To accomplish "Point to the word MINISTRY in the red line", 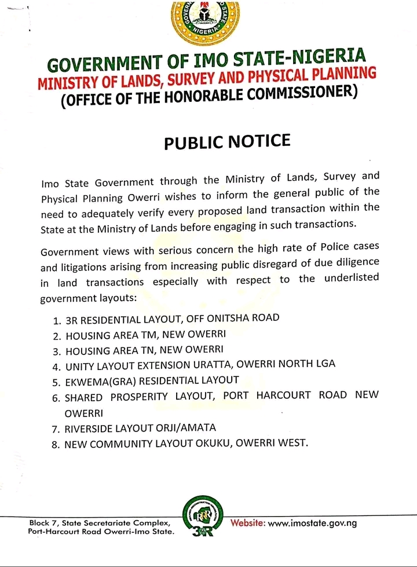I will click(63, 82).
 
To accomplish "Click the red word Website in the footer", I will click(248, 522).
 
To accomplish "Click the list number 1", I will click(56, 320).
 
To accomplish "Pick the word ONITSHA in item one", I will click(221, 318).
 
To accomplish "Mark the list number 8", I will click(56, 445).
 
